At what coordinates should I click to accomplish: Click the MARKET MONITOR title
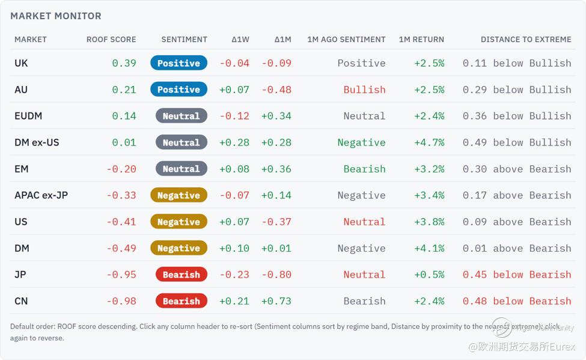pyautogui.click(x=56, y=16)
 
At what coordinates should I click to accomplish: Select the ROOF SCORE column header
pyautogui.click(x=111, y=40)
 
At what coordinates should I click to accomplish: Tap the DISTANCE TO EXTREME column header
pyautogui.click(x=526, y=40)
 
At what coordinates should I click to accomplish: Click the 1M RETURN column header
pyautogui.click(x=421, y=40)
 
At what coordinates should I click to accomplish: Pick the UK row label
pyautogui.click(x=21, y=63)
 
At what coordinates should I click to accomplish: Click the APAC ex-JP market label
pyautogui.click(x=41, y=195)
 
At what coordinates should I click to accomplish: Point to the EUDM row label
pyautogui.click(x=28, y=116)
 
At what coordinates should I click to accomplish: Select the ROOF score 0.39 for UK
pyautogui.click(x=124, y=63)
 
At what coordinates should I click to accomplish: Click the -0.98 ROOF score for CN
pyautogui.click(x=121, y=301)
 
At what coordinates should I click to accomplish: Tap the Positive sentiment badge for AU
pyautogui.click(x=179, y=90)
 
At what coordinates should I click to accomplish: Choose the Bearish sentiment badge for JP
pyautogui.click(x=182, y=275)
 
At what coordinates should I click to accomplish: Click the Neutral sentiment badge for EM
pyautogui.click(x=182, y=169)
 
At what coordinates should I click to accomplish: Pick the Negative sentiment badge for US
pyautogui.click(x=179, y=222)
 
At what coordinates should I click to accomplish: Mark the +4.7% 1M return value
pyautogui.click(x=429, y=142)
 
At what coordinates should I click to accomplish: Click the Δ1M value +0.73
pyautogui.click(x=276, y=301)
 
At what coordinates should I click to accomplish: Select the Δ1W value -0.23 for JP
pyautogui.click(x=234, y=275)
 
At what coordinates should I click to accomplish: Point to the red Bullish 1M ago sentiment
pyautogui.click(x=364, y=90)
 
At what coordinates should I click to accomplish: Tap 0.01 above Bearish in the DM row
pyautogui.click(x=517, y=248)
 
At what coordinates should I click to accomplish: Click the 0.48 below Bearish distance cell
pyautogui.click(x=517, y=301)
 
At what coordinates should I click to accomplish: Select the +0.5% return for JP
pyautogui.click(x=429, y=275)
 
